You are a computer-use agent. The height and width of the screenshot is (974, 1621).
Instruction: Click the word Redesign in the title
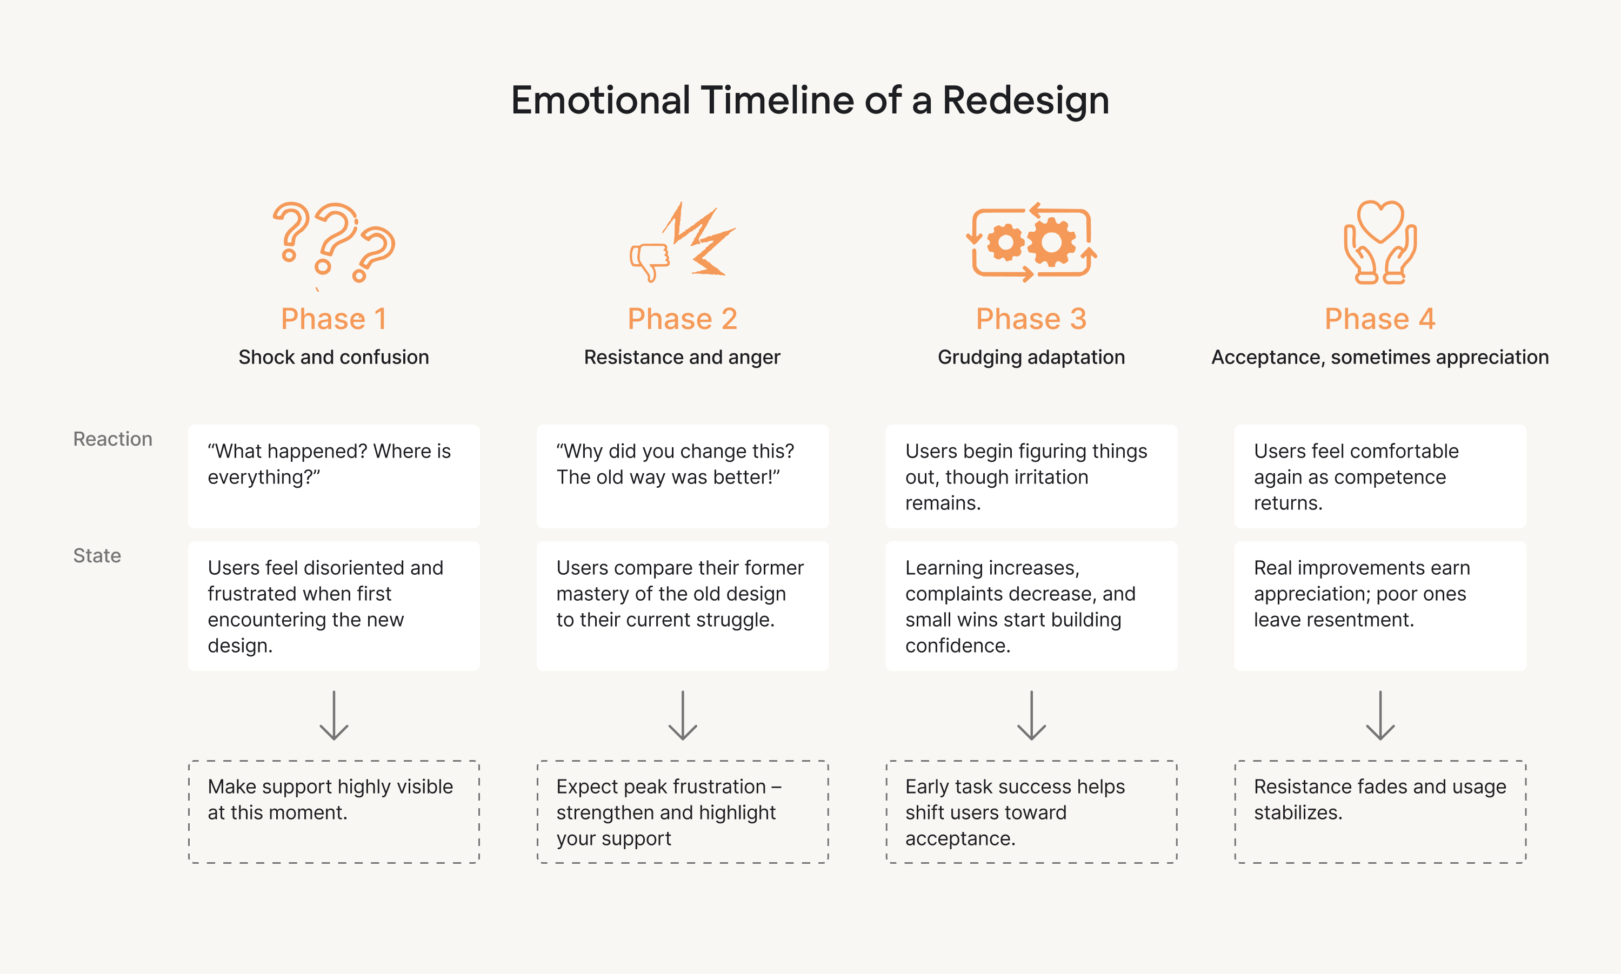[1025, 101]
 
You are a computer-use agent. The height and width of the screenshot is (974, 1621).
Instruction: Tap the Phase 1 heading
[333, 319]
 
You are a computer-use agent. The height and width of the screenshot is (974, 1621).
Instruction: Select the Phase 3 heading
[1031, 319]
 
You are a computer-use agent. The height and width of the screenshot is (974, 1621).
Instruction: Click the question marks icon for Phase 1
[333, 241]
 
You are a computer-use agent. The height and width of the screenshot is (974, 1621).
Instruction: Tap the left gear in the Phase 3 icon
[1004, 242]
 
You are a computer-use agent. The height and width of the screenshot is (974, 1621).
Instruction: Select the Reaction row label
[112, 439]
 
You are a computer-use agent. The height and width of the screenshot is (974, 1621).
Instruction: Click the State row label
[97, 556]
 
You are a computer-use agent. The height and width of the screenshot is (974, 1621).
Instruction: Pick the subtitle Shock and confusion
[333, 357]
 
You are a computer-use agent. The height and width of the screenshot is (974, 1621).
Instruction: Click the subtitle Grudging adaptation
[1031, 357]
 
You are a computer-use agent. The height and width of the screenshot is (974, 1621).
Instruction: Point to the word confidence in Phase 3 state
[957, 646]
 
